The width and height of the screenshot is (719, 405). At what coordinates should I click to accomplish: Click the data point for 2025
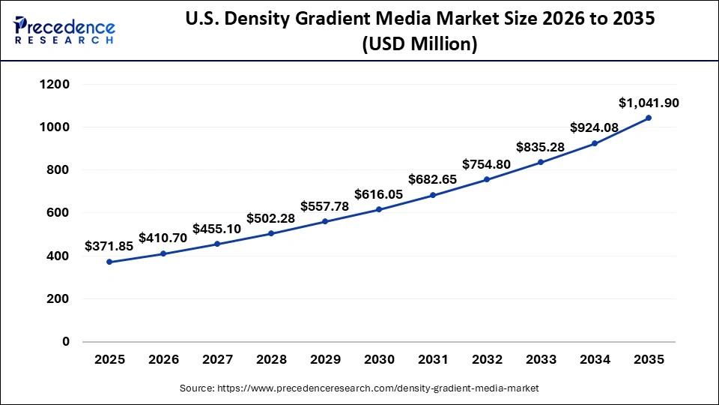coord(109,262)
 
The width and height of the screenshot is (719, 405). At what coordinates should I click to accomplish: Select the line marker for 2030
coord(379,209)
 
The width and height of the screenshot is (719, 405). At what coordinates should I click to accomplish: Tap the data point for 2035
coord(649,118)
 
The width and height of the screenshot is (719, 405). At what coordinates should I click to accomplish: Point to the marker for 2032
coord(487,179)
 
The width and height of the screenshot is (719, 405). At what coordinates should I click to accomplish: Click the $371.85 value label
coord(109,245)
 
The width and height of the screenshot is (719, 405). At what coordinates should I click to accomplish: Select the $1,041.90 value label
coord(649,103)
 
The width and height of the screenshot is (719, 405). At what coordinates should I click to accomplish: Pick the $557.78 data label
coord(324,206)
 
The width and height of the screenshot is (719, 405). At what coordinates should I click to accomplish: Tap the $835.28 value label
coord(540,147)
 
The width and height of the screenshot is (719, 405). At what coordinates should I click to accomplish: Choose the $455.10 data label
coord(216,229)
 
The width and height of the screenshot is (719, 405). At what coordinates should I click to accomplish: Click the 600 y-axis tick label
coord(58,213)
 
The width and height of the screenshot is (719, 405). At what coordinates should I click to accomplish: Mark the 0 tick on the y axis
coord(65,342)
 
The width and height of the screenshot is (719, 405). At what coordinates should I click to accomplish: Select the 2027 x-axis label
coord(217,361)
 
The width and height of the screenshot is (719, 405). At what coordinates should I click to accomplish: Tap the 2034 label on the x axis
coord(595,361)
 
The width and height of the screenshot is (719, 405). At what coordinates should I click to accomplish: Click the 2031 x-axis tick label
coord(433,361)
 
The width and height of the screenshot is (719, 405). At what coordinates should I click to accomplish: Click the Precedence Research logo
coord(64,30)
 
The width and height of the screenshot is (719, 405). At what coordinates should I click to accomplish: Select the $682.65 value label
coord(432,179)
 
